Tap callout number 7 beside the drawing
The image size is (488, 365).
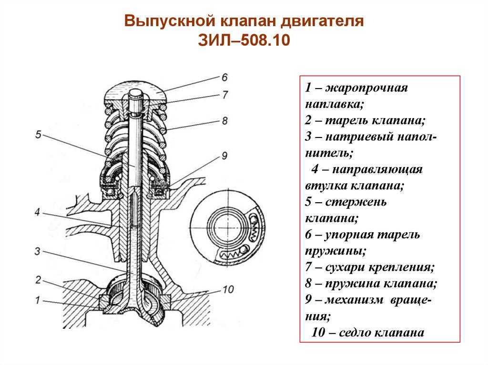click(x=225, y=95)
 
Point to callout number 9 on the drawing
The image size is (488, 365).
click(x=225, y=156)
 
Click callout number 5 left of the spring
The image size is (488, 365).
click(x=38, y=135)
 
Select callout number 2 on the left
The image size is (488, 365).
click(x=38, y=280)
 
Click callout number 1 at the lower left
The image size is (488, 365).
click(x=38, y=300)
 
